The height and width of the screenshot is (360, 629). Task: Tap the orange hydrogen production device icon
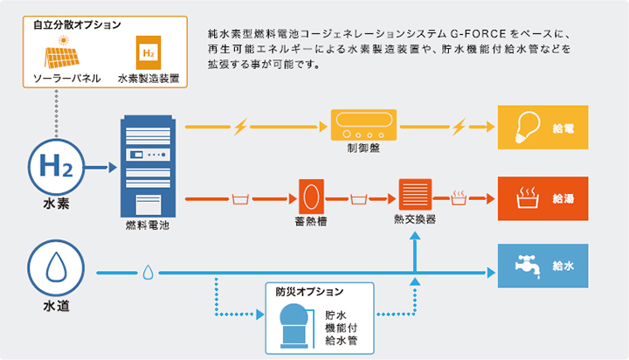pyautogui.click(x=149, y=52)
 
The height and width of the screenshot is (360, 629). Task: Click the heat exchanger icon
pyautogui.click(x=416, y=193)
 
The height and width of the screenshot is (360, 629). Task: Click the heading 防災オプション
pyautogui.click(x=307, y=291)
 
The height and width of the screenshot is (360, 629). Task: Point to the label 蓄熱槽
pyautogui.click(x=311, y=221)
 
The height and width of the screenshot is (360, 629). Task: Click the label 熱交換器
pyautogui.click(x=416, y=221)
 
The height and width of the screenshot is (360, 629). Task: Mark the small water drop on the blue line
pyautogui.click(x=148, y=273)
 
